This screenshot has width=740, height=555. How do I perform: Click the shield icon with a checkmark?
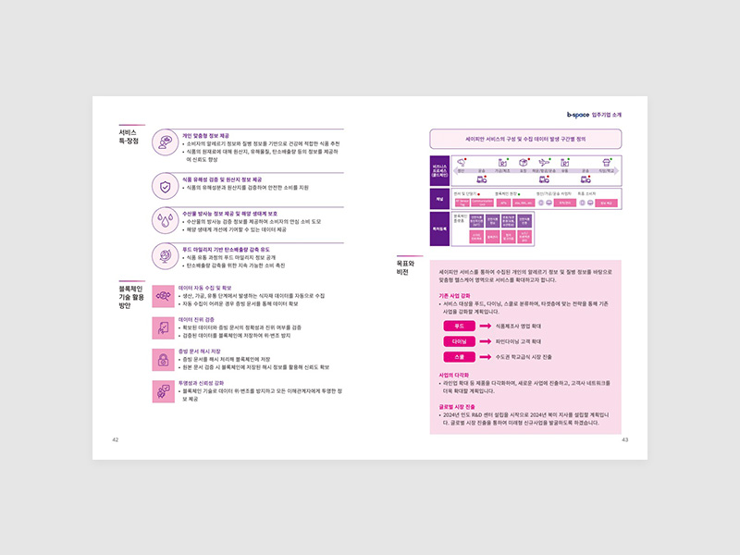(165, 187)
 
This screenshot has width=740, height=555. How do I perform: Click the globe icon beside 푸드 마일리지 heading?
(165, 256)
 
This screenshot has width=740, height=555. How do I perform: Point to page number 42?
(116, 439)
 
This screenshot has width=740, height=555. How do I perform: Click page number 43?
(624, 439)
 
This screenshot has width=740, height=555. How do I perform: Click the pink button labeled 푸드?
(458, 327)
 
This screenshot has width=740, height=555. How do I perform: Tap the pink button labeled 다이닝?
(458, 341)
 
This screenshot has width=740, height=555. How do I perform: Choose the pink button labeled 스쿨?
(458, 356)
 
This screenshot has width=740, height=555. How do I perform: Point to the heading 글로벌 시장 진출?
(457, 406)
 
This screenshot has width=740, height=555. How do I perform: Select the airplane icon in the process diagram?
(544, 163)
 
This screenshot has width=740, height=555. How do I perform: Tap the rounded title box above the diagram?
(524, 138)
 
